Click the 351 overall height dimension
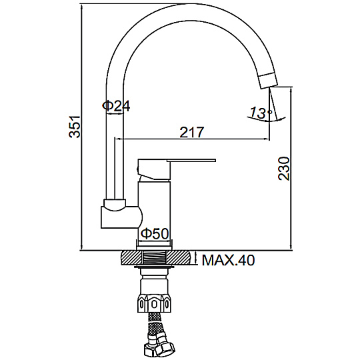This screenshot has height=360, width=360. coord(75,127)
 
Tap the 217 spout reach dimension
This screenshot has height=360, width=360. coord(192,132)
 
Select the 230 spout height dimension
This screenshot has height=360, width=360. coord(284,169)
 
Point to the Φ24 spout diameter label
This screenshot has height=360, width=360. coord(116,106)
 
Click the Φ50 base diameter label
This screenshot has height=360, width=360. coord(155,234)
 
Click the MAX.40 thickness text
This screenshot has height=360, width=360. coord(228,260)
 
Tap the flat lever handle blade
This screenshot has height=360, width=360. coord(191,160)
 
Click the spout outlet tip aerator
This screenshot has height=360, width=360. coord(268,80)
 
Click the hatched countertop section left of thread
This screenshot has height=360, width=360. coord(131,258)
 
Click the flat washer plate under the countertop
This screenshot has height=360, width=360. coord(154,267)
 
